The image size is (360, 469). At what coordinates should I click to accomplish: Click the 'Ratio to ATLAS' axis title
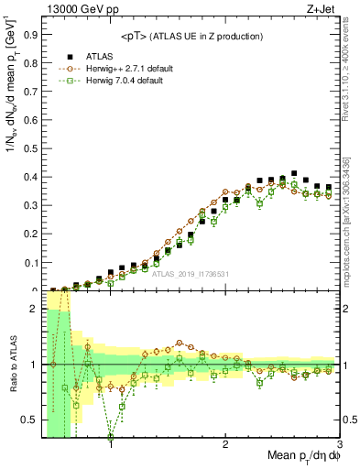coord(12,365)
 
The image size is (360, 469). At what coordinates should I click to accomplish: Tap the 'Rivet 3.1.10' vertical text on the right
coord(349,73)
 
